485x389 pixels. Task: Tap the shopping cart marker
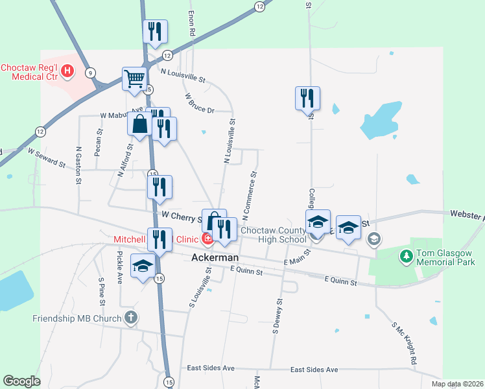(x=134, y=79)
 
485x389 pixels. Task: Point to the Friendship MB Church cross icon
(x=130, y=318)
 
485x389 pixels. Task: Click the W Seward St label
(x=46, y=157)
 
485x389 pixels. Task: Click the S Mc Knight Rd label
(x=403, y=342)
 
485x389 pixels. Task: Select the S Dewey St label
(x=278, y=316)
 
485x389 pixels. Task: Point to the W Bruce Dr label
(x=199, y=104)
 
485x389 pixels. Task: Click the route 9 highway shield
(x=90, y=72)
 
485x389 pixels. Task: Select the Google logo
(x=21, y=381)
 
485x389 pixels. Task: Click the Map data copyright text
(x=456, y=384)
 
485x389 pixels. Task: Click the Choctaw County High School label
(x=274, y=235)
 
